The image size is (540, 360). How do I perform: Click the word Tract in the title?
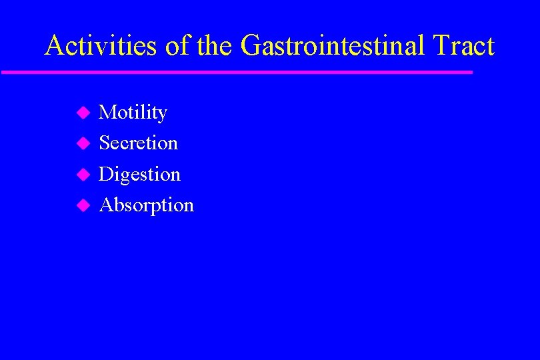pos(463,46)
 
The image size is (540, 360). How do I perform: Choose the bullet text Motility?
pos(133,113)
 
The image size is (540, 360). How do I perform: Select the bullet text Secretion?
pos(138,143)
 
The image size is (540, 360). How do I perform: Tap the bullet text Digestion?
pos(139,175)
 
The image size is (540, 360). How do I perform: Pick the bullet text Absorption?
pos(146,205)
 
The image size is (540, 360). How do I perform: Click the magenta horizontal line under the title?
pos(237,72)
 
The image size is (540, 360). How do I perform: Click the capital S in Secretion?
pos(105,143)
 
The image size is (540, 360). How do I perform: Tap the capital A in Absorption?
pos(106,205)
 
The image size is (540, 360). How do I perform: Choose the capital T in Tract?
pos(442,46)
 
